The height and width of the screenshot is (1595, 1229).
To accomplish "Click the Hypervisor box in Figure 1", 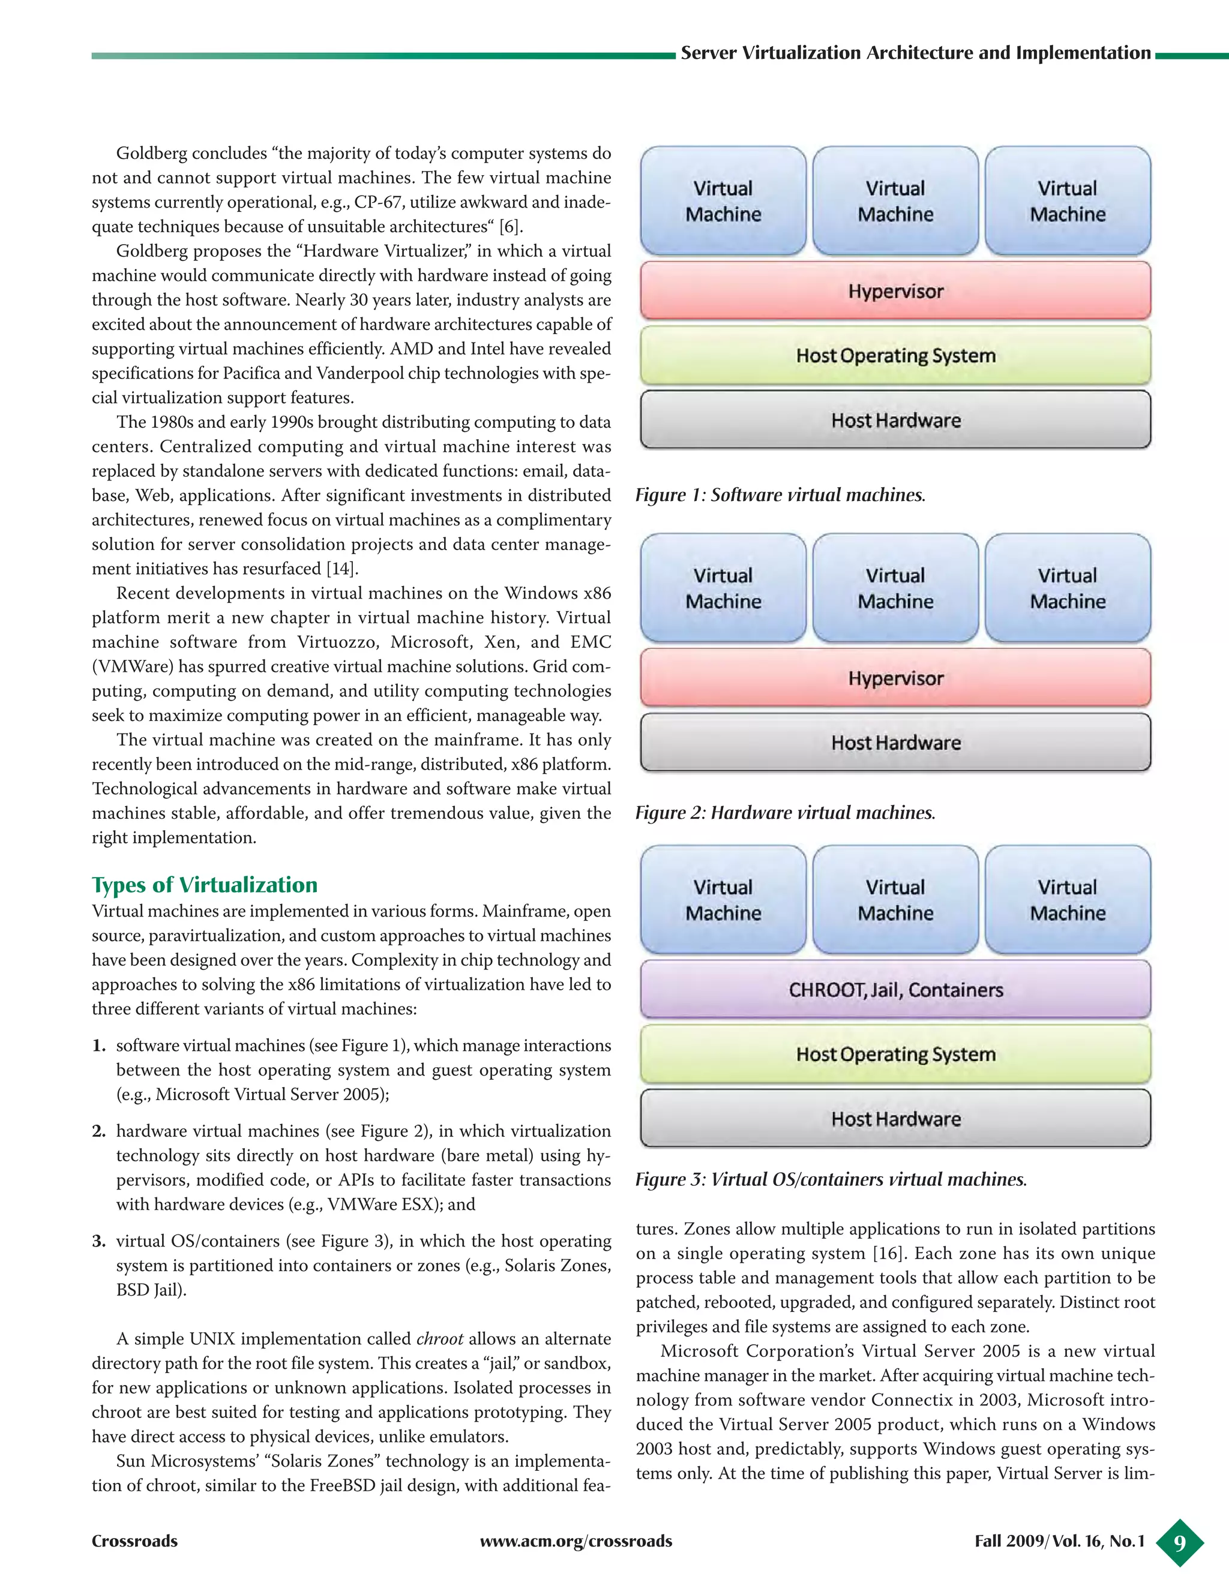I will (895, 291).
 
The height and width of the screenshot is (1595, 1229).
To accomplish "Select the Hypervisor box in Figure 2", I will (895, 678).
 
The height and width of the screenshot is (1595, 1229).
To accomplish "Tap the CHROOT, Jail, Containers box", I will (895, 990).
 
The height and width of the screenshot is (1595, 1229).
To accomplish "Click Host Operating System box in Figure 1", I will (895, 356).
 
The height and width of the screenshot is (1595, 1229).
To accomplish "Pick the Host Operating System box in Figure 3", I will (895, 1054).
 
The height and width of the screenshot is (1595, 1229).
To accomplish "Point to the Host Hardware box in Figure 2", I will (895, 743).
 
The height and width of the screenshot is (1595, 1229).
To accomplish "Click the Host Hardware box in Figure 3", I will (895, 1119).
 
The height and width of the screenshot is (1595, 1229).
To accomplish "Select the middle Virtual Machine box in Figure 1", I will (895, 201).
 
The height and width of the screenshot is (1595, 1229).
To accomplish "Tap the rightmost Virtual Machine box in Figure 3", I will (1068, 900).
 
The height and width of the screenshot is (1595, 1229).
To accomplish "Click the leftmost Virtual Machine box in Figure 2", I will (723, 588).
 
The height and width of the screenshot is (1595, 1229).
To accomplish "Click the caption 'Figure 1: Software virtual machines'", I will (780, 495).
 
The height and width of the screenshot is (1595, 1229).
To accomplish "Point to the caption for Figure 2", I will (785, 813).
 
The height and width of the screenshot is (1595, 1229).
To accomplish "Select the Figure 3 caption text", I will (831, 1179).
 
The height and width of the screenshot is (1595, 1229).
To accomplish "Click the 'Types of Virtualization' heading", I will (205, 884).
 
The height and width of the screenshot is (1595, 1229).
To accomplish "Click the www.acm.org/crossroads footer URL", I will (575, 1542).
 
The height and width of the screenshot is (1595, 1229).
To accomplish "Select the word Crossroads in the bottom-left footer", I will (134, 1542).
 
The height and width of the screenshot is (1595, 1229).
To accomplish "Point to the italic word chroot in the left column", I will (439, 1339).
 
